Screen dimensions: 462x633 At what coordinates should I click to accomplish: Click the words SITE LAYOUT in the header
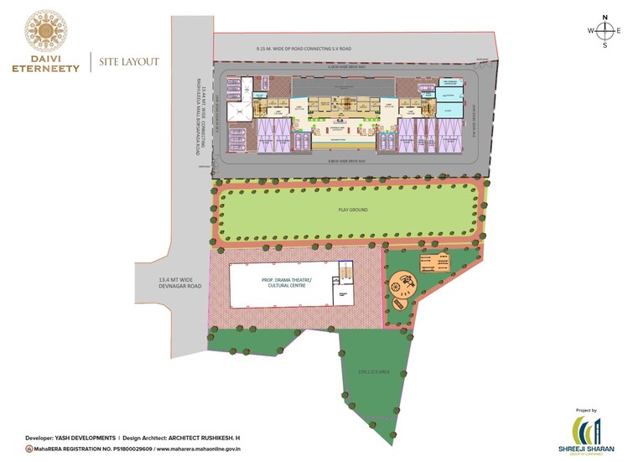coord(129,62)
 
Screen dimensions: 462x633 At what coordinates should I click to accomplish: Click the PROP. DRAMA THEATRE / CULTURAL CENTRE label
coord(286,282)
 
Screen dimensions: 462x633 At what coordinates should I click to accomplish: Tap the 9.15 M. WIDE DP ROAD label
coord(304,49)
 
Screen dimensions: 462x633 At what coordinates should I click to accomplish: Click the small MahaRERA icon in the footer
coord(29,450)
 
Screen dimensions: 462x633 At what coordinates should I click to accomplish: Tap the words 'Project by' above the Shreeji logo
coord(587,410)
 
